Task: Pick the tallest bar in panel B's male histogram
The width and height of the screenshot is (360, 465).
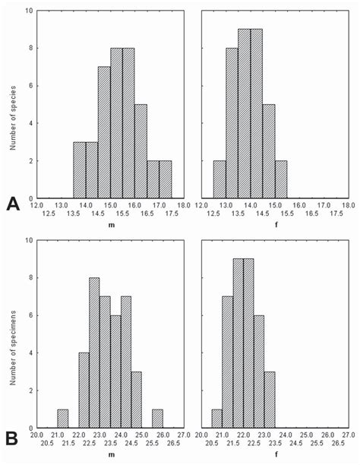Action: pos(95,353)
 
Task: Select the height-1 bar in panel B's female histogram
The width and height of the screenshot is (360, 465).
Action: pos(216,419)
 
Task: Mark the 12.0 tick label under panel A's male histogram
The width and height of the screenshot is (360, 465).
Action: pos(38,203)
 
